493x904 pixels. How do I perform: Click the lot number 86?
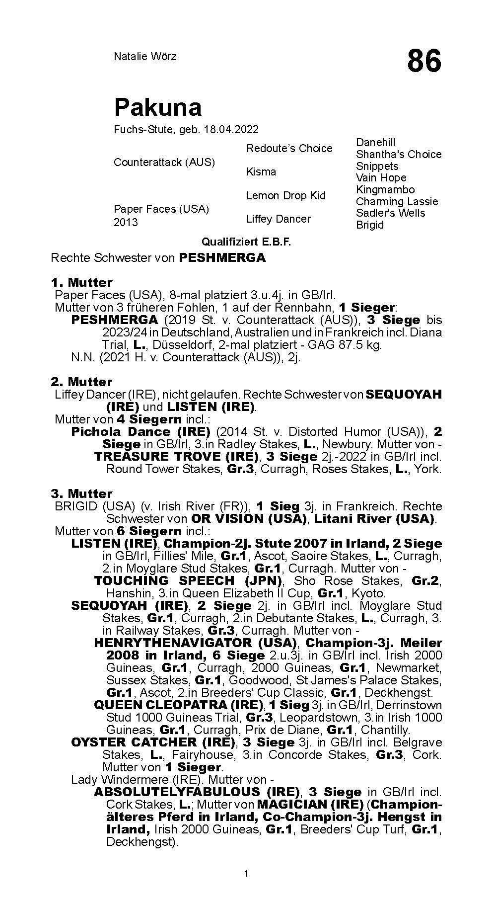(x=423, y=61)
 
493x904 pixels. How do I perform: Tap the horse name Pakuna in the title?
(x=158, y=107)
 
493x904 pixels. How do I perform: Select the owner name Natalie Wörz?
(x=145, y=56)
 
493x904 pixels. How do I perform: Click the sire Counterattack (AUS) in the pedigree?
(x=164, y=163)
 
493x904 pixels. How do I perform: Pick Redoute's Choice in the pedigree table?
(x=289, y=148)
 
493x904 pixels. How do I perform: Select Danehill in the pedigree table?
(x=376, y=143)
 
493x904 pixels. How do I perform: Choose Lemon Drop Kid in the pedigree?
(x=286, y=195)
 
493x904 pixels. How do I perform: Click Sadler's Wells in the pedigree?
(x=390, y=213)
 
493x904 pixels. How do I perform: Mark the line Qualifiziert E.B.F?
(x=246, y=242)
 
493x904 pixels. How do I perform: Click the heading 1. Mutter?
(x=81, y=282)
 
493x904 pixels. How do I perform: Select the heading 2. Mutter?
(x=81, y=382)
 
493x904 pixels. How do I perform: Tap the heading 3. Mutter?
(x=81, y=493)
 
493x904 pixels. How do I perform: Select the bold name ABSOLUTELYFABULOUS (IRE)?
(x=197, y=792)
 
